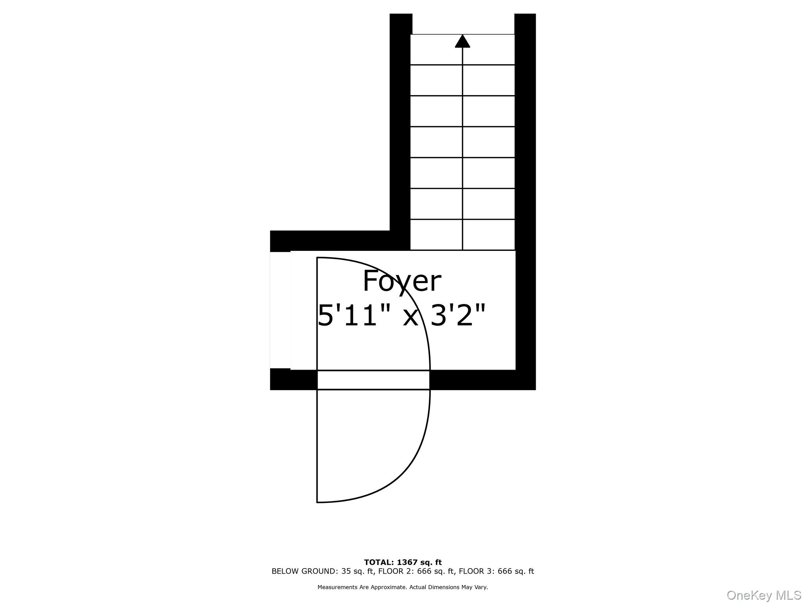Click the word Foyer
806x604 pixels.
point(401,282)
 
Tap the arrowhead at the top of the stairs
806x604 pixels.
point(462,41)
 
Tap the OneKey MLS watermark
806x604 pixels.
point(763,595)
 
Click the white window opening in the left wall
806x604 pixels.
point(280,310)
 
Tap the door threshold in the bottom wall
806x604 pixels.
point(373,380)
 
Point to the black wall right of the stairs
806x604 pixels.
point(525,157)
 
